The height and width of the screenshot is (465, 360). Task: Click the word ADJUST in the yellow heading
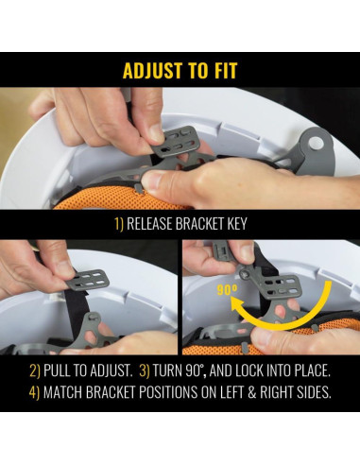[x=152, y=71]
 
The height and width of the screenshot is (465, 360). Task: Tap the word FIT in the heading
[x=225, y=71]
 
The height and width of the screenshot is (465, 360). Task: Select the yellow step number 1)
[x=119, y=224]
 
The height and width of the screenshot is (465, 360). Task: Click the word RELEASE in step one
[x=149, y=224]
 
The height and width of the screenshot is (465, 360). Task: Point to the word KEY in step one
[x=236, y=224]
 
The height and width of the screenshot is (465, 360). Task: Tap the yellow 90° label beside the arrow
[x=227, y=290]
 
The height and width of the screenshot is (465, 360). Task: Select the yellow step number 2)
[x=35, y=370]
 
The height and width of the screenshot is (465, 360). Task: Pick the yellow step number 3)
[x=145, y=370]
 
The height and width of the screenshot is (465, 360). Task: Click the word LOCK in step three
[x=249, y=370]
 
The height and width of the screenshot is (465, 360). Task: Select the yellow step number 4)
[x=34, y=392]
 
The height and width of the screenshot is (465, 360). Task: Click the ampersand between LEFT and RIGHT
[x=251, y=392]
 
